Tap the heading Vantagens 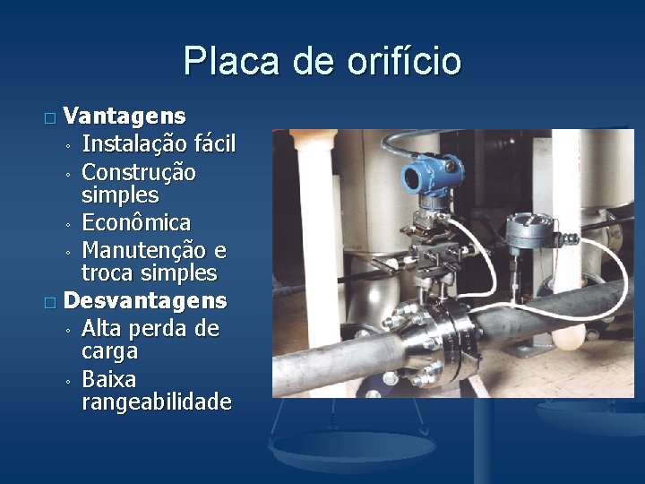coord(125,117)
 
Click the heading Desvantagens coord(146,298)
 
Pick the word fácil coord(213,143)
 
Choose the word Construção coord(139,170)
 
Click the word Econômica coord(135,221)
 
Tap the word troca coord(107,272)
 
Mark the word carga coord(109,350)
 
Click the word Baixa coord(108,378)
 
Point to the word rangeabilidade coord(156,402)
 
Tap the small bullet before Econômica coord(67,223)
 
